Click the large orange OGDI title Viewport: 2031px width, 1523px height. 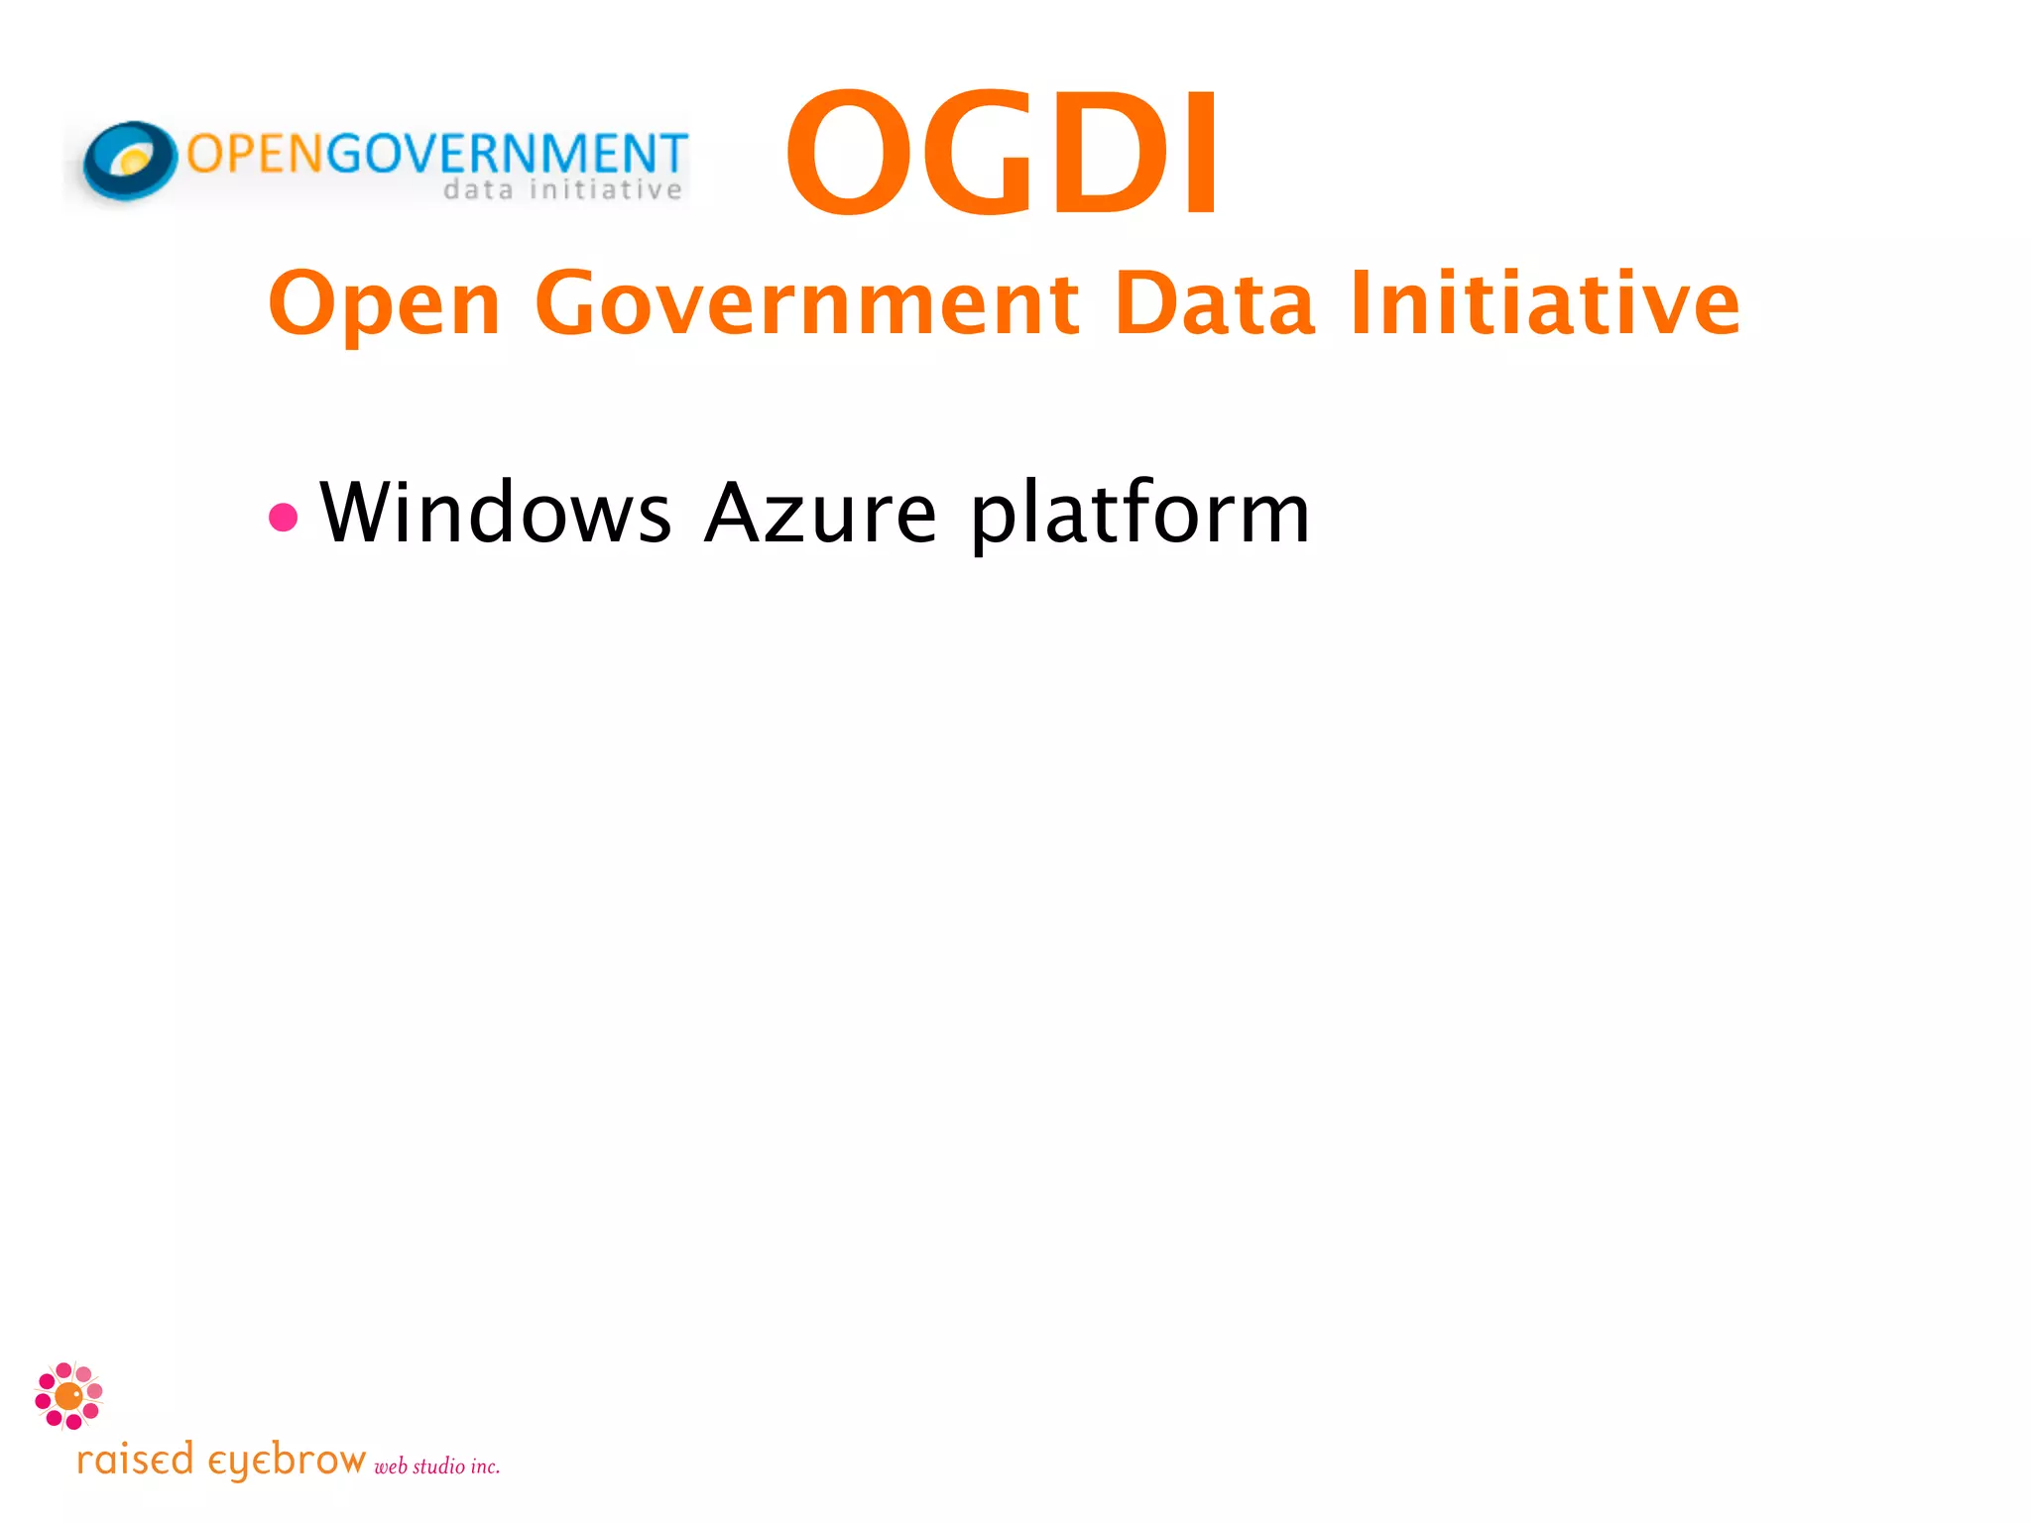pyautogui.click(x=1002, y=154)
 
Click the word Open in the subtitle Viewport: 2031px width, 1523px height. pyautogui.click(x=385, y=303)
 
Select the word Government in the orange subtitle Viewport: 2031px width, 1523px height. pyautogui.click(x=806, y=303)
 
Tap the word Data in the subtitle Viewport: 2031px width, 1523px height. pyautogui.click(x=1215, y=303)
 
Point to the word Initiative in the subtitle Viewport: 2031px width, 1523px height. pyautogui.click(x=1544, y=303)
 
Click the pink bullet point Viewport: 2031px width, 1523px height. pyautogui.click(x=284, y=517)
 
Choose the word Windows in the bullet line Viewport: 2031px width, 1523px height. pyautogui.click(x=496, y=513)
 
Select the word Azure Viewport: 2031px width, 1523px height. pyautogui.click(x=820, y=513)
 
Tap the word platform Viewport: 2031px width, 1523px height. pyautogui.click(x=1140, y=515)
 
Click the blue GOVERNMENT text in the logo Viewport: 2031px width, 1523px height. pyautogui.click(x=507, y=154)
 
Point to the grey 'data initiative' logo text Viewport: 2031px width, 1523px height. pyautogui.click(x=562, y=189)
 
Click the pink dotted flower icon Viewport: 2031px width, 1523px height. pyautogui.click(x=68, y=1396)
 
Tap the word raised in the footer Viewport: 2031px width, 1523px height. pyautogui.click(x=135, y=1461)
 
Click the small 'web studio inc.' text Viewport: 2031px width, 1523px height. pyautogui.click(x=436, y=1466)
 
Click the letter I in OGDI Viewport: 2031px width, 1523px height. pyautogui.click(x=1201, y=154)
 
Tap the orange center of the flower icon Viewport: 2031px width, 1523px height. pyautogui.click(x=68, y=1396)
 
